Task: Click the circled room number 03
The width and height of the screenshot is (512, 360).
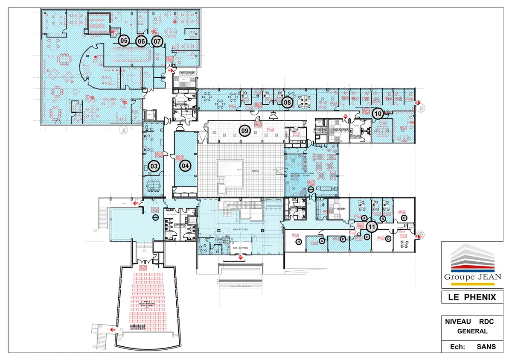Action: tap(154, 166)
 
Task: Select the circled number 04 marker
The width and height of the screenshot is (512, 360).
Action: tap(185, 165)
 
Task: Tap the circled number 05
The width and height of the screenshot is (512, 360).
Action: tap(124, 41)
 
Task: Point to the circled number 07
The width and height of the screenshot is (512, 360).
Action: tap(157, 41)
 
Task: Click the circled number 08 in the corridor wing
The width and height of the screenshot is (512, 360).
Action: tap(287, 102)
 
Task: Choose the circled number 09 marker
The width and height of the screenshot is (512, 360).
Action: tap(244, 131)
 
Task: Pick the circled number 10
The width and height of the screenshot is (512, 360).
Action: tap(377, 114)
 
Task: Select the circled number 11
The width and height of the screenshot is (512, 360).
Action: tap(372, 227)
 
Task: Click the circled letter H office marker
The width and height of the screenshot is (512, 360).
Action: tap(299, 242)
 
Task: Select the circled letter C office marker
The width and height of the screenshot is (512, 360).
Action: tap(404, 218)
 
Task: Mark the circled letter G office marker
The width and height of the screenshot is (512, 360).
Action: tap(322, 241)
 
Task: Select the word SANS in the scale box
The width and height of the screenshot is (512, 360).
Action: tap(486, 347)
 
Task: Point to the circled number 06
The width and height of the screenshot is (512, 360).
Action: tap(141, 41)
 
